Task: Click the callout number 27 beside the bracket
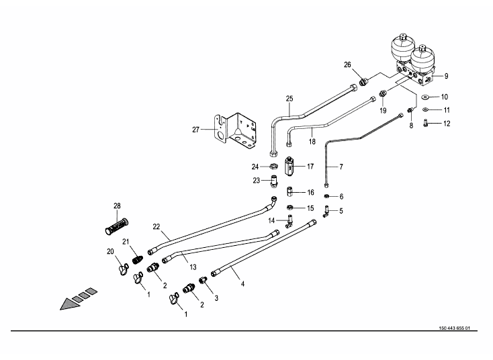point(196,130)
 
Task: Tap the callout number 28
point(117,206)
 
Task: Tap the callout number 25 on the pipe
point(289,99)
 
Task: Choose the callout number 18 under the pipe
point(311,142)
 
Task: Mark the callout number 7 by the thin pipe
point(341,166)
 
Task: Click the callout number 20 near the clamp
point(111,251)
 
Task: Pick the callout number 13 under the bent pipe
point(193,267)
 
